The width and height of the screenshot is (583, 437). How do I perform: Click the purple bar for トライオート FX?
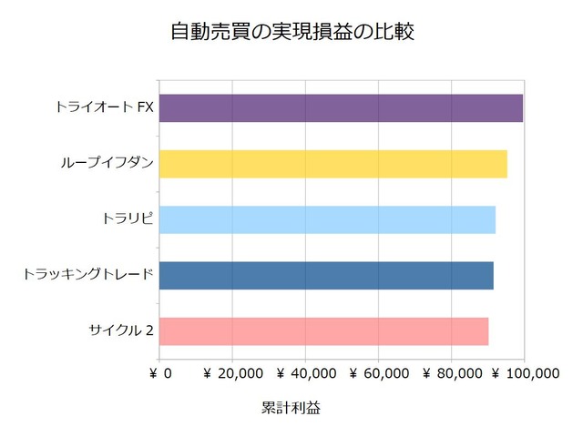click(342, 108)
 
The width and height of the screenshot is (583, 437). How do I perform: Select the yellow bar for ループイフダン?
click(333, 164)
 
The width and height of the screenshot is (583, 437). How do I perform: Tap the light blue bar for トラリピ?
click(328, 219)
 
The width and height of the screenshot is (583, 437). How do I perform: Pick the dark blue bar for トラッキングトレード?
click(327, 275)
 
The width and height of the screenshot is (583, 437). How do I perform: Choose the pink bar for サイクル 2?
click(324, 330)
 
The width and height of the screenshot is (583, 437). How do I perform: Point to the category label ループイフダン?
click(107, 164)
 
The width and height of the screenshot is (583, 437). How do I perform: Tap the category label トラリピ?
click(128, 219)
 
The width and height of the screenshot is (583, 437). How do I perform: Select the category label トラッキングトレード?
click(87, 275)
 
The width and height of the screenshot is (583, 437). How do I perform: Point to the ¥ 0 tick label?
click(160, 373)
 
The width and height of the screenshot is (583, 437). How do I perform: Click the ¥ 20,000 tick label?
click(232, 373)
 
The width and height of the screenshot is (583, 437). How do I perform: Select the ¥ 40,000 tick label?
click(305, 373)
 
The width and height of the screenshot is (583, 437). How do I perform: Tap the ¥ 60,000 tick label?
click(378, 373)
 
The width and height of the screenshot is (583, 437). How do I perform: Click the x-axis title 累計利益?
click(290, 408)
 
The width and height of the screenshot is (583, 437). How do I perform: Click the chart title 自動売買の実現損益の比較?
click(291, 32)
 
